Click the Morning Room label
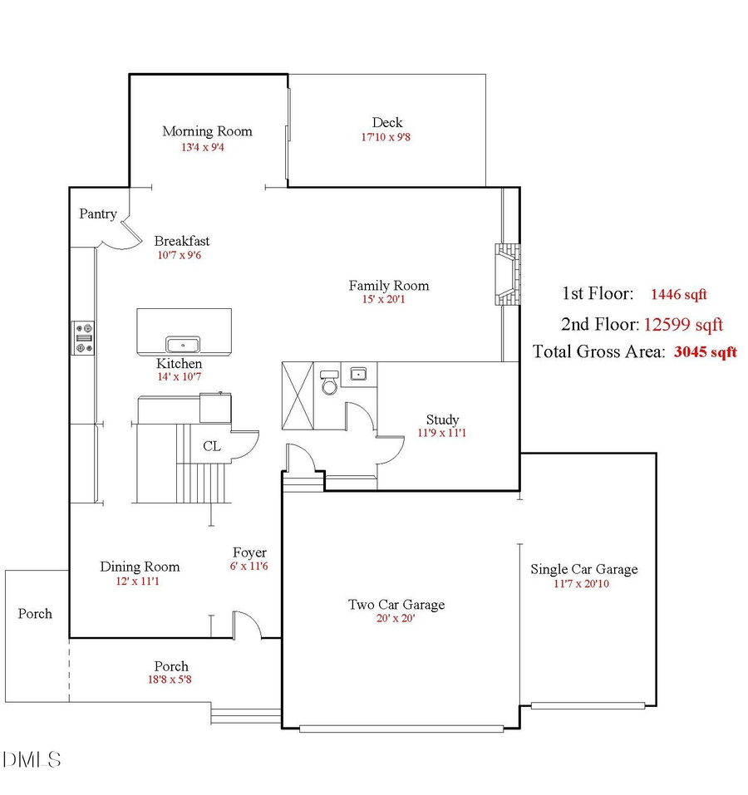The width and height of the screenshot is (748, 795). point(207,131)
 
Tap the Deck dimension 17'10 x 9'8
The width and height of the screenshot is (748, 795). point(386,137)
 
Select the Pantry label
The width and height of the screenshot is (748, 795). point(98,214)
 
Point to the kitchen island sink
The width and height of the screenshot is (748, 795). point(183,343)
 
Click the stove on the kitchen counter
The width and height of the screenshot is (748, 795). point(83,337)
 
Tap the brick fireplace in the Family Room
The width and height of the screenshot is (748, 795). point(505,275)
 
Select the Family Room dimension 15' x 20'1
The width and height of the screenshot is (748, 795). point(388,299)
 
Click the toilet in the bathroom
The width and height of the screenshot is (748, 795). point(330,381)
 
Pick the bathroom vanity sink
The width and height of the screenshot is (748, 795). point(359,374)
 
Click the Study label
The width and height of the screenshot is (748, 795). point(442,420)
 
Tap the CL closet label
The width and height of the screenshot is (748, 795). point(212,446)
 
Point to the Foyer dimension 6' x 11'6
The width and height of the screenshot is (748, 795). point(249,566)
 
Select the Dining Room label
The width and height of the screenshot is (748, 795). point(140,567)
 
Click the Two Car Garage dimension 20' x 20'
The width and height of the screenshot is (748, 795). point(396,618)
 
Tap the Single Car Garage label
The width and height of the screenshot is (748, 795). point(584,569)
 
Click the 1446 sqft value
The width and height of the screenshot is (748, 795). point(678,294)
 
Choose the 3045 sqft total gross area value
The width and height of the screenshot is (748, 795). point(705,351)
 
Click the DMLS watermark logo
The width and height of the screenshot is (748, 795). point(32,759)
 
